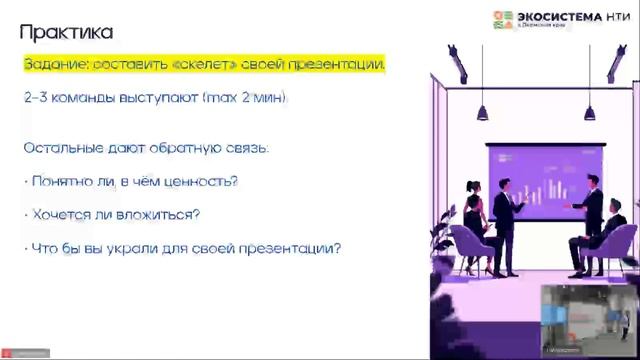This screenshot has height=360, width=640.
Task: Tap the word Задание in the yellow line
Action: tap(56, 65)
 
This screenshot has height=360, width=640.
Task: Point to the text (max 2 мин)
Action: tap(247, 99)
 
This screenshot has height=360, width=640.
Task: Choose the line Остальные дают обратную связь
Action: tap(146, 148)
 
